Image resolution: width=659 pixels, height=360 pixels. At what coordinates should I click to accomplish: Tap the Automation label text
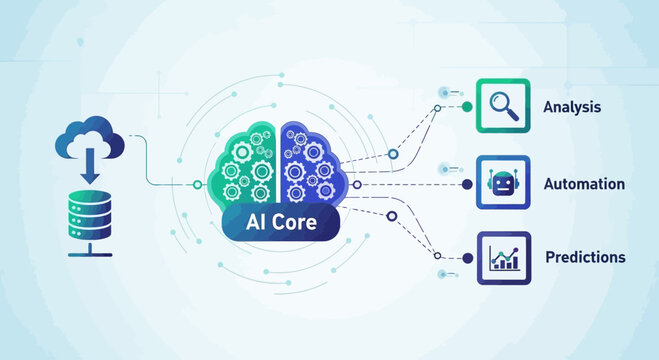click(584, 184)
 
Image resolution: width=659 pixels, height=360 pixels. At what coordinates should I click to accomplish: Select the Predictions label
click(585, 257)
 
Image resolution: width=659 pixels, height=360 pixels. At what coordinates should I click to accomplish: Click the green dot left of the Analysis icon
click(466, 105)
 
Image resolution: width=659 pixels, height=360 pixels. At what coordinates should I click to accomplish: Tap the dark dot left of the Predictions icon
click(466, 258)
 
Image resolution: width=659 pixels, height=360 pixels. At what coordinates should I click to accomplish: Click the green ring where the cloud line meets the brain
click(198, 185)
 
